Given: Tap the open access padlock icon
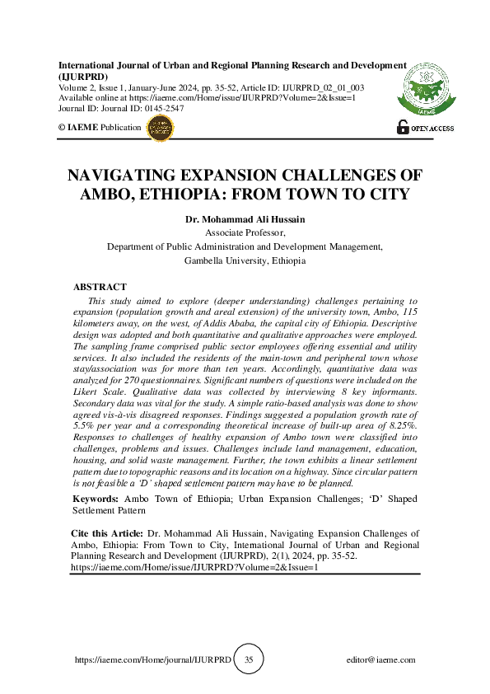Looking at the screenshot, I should (403, 127).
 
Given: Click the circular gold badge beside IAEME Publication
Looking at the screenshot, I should (160, 128).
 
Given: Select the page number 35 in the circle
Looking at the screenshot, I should (249, 660).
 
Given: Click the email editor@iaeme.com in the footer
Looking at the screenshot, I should (381, 660).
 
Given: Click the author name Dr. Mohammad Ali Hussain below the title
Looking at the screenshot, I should (245, 220).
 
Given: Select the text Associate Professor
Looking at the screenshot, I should (245, 233).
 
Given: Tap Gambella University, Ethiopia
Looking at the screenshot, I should (245, 260).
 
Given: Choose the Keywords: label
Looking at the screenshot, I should (96, 499).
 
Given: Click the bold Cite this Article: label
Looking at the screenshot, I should (107, 535).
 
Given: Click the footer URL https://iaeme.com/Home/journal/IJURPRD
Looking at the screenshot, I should (153, 660).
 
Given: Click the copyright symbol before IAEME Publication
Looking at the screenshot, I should (63, 129).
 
